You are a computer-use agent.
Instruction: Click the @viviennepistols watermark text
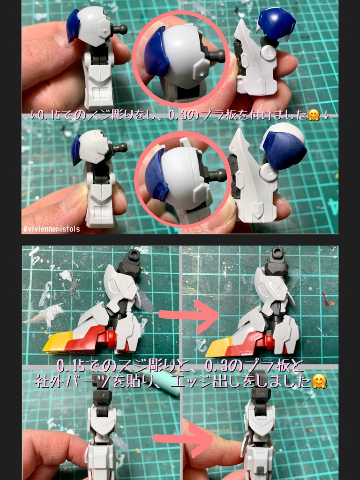coord(52,229)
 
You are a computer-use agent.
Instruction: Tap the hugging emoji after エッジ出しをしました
coord(319,382)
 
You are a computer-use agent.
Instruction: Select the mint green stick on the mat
coord(168,385)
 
